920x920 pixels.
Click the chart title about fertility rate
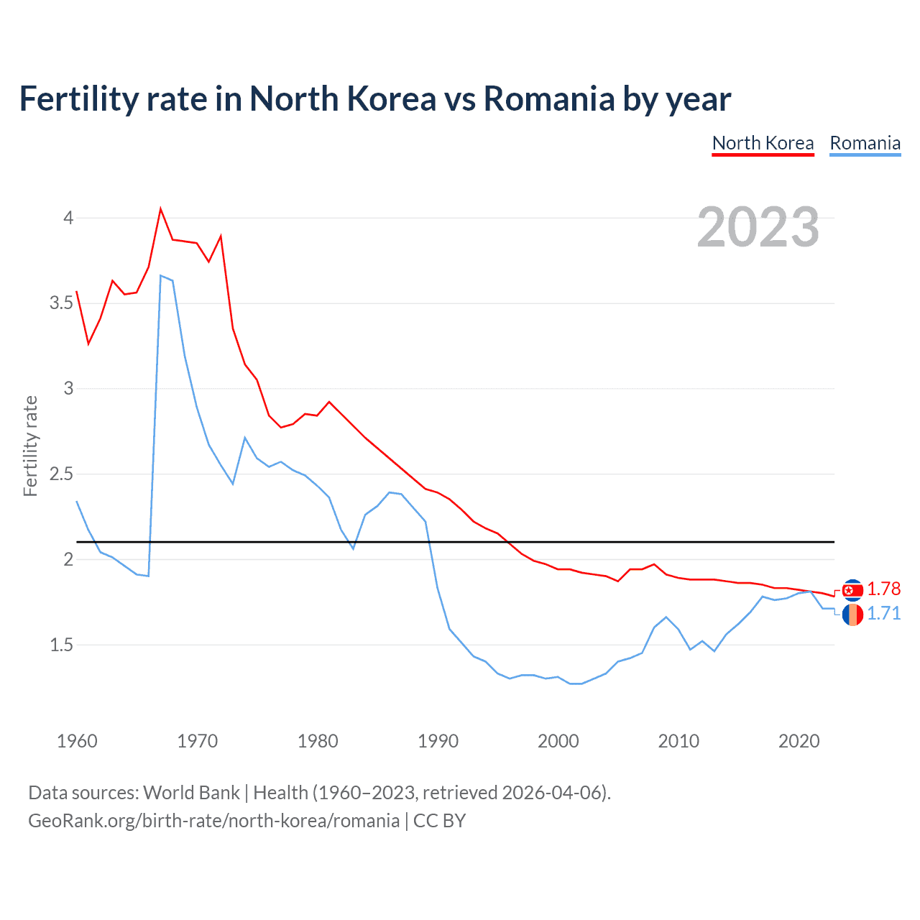coord(374,98)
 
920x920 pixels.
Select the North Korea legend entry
coord(763,143)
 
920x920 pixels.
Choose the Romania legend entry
coord(865,143)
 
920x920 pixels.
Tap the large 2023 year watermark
coord(758,227)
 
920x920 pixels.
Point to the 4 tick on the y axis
coord(68,218)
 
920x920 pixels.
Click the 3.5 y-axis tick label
coord(61,303)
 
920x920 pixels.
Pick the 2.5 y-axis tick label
coord(61,474)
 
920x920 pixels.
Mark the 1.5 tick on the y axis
coord(61,645)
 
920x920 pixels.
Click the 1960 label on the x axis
coord(77,741)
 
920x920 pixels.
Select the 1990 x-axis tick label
coord(438,741)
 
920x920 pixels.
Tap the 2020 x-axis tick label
coord(799,741)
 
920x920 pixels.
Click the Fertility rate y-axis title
coord(30,446)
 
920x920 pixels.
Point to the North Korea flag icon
coord(852,590)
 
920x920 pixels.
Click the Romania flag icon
coord(852,615)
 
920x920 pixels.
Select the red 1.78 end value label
coord(883,589)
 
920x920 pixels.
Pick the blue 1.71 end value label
coord(883,614)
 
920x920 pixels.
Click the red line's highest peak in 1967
coord(160,209)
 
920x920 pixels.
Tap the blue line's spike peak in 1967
coord(161,275)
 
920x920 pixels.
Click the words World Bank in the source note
coord(191,793)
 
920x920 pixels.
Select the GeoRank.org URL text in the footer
coord(213,821)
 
